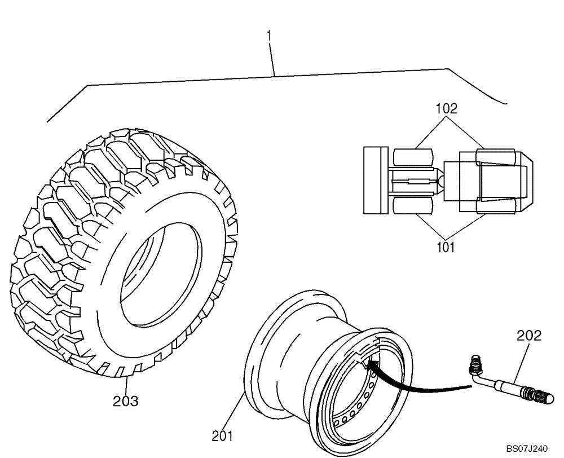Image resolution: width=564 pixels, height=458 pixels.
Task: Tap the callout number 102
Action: tap(446, 108)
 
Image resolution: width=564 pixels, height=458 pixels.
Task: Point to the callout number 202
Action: tap(529, 336)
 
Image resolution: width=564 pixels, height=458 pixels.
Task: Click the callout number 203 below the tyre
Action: tap(126, 401)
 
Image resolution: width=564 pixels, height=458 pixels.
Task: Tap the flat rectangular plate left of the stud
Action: tap(373, 180)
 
